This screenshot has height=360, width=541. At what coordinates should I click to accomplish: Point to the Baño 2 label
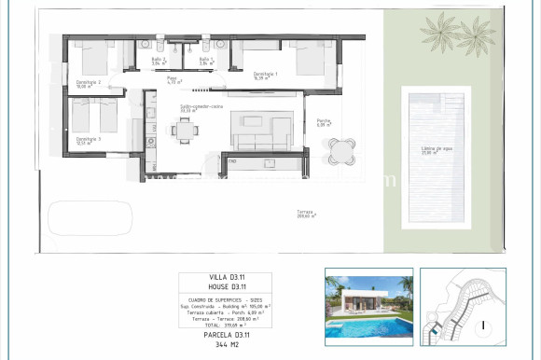159,62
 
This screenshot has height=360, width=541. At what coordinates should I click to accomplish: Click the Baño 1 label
206,62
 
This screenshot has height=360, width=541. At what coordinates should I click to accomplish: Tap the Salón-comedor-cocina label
201,108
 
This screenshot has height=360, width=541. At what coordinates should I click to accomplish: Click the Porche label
324,121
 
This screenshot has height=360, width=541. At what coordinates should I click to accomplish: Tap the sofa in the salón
262,139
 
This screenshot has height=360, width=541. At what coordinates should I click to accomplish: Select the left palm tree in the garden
437,30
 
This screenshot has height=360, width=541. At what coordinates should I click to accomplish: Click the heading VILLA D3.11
225,279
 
